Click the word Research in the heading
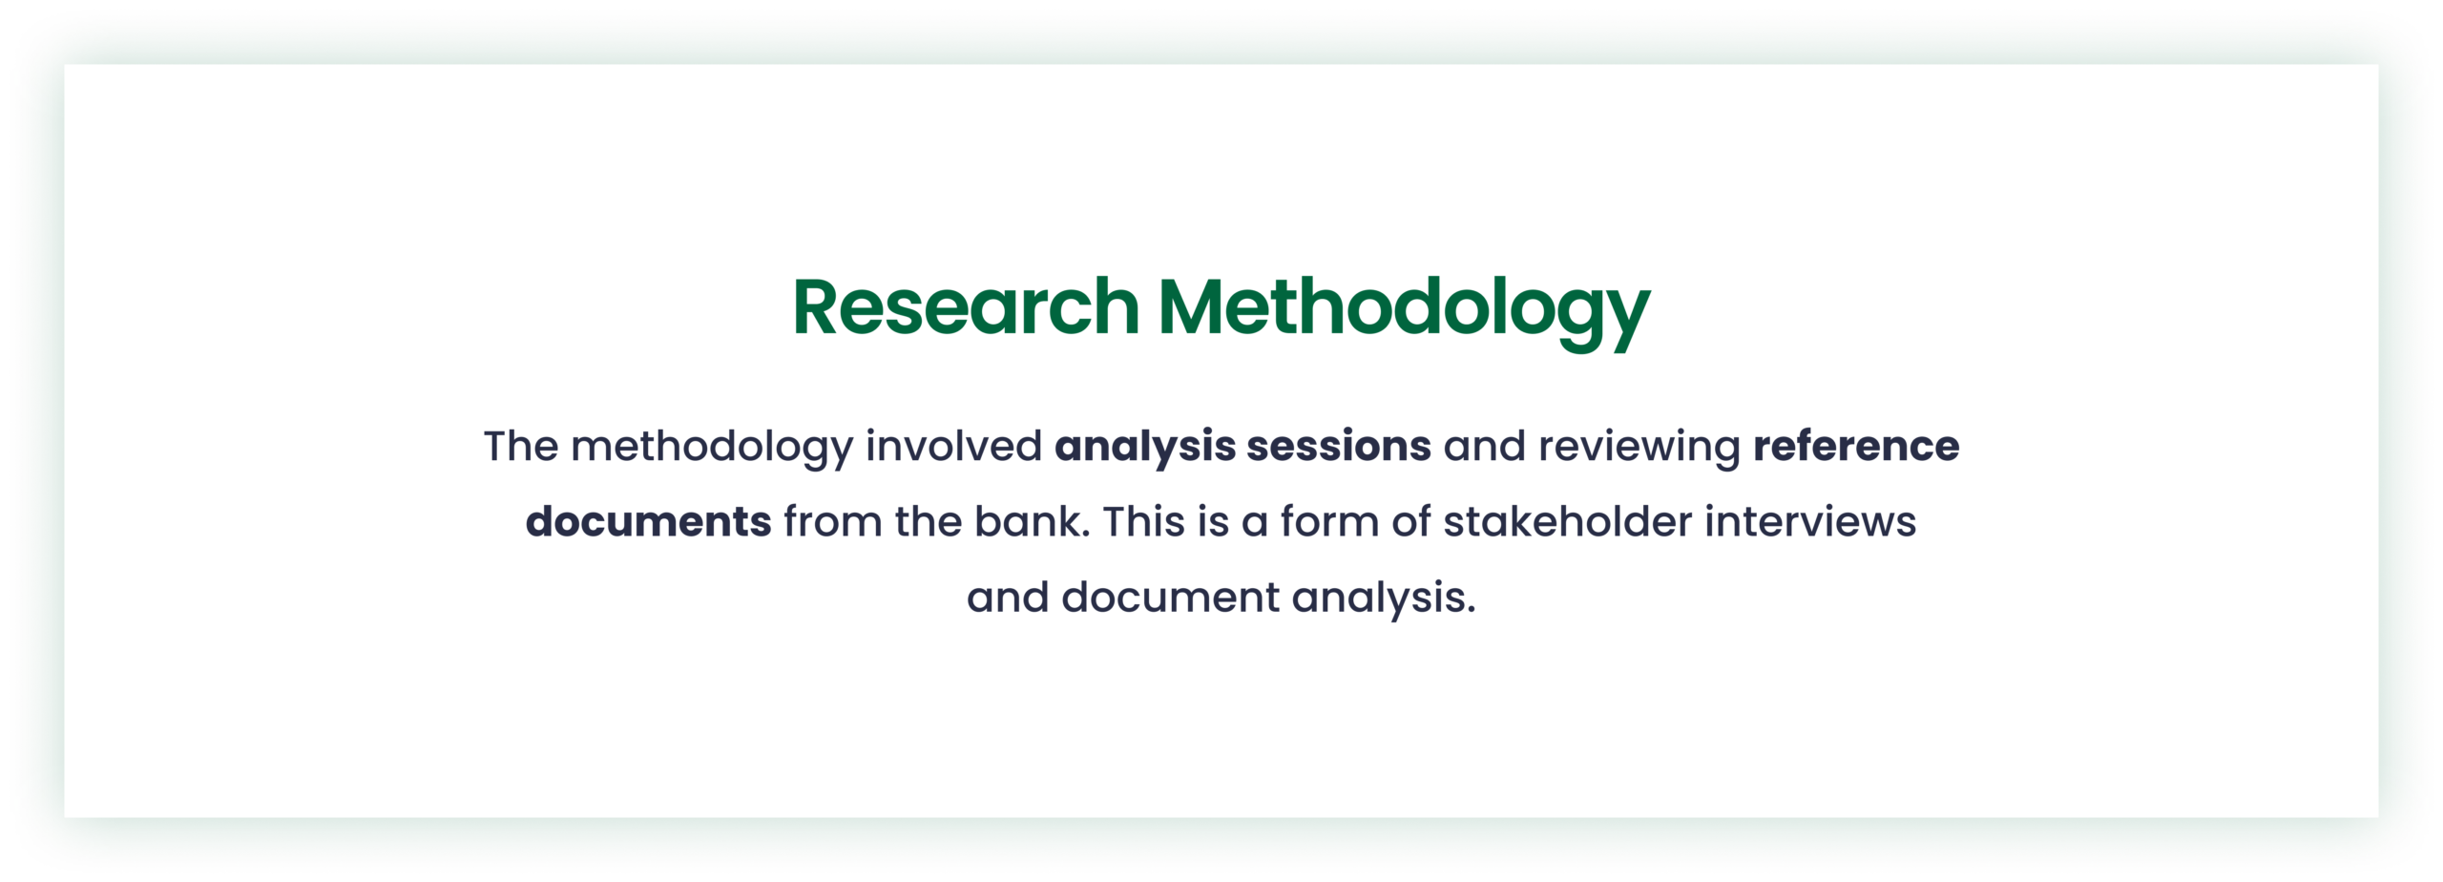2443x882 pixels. coord(966,307)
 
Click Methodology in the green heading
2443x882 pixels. coord(1404,312)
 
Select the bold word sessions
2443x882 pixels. coord(1339,446)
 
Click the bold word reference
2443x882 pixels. coord(1856,446)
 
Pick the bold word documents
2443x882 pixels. coord(648,521)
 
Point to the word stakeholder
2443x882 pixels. coord(1567,521)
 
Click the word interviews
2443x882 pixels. coord(1810,521)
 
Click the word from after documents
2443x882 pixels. coord(833,521)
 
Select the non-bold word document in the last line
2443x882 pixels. coord(1170,597)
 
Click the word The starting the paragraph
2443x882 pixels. coord(521,446)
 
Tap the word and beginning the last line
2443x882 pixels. coord(1008,597)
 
